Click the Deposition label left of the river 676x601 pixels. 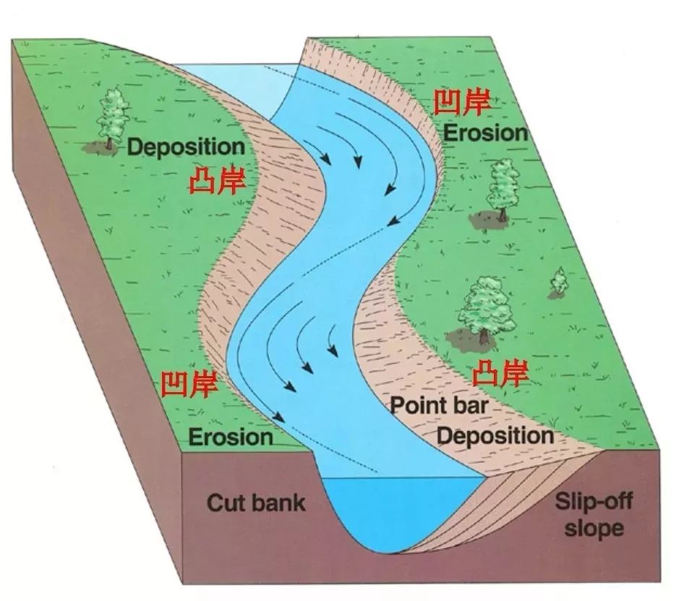186,147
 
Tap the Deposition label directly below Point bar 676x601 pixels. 495,435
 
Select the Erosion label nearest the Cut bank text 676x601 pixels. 231,437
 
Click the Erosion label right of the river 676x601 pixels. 485,132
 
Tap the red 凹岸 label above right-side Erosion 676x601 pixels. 462,103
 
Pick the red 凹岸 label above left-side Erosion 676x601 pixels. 189,385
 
